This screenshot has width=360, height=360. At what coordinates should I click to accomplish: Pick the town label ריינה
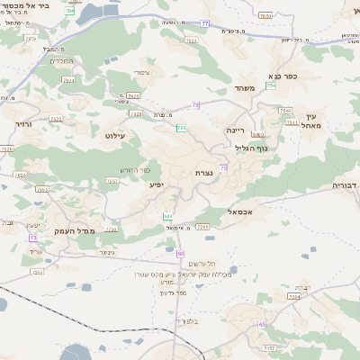click(x=235, y=130)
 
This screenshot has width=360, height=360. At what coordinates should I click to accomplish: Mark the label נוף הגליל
click(x=259, y=148)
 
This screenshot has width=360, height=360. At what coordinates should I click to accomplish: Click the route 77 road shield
click(x=205, y=22)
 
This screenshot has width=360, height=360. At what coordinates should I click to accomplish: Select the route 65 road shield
click(x=262, y=325)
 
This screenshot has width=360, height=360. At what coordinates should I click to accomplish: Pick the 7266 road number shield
click(x=202, y=227)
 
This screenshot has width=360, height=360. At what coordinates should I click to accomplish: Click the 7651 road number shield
click(x=265, y=15)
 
